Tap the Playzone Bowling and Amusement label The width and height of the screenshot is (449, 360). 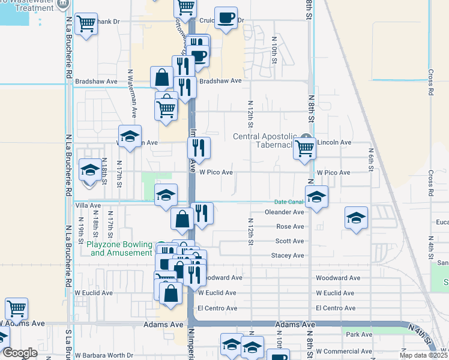coord(120,248)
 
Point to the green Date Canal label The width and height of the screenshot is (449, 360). coord(288,202)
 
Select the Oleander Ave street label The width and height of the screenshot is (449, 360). coord(285,212)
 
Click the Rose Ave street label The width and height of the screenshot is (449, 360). coord(290,226)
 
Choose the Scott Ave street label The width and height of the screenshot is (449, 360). coord(289,241)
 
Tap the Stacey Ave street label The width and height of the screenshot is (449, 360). coord(288,255)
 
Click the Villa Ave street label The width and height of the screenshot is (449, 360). coord(88,205)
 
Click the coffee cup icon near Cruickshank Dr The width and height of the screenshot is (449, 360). coord(226,18)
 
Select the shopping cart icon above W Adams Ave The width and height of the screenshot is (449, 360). coord(16,308)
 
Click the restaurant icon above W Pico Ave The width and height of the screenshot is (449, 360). coord(199,147)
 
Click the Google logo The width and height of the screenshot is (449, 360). coord(20,353)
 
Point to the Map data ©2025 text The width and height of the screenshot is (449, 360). coord(423,355)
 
